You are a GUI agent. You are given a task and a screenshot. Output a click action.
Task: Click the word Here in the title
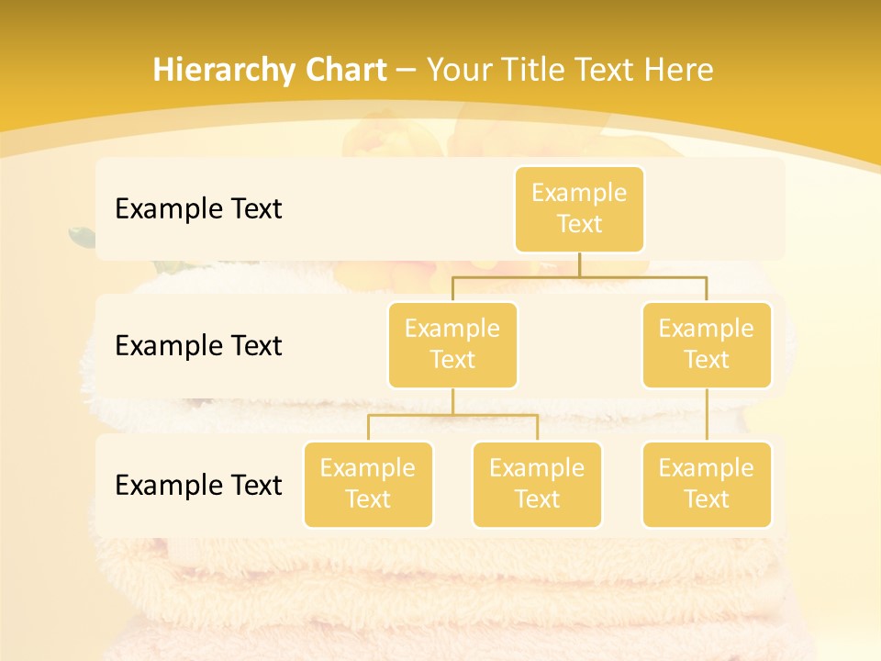pyautogui.click(x=679, y=70)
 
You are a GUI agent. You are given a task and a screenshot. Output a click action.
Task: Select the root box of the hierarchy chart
pyautogui.click(x=579, y=208)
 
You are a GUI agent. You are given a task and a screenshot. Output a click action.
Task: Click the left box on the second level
pyautogui.click(x=452, y=344)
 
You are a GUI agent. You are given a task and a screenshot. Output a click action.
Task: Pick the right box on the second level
pyautogui.click(x=707, y=344)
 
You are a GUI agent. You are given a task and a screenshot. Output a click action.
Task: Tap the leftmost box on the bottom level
pyautogui.click(x=368, y=484)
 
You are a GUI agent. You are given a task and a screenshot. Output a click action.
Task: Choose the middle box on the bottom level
pyautogui.click(x=537, y=484)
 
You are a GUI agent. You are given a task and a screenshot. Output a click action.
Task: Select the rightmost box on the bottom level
pyautogui.click(x=707, y=484)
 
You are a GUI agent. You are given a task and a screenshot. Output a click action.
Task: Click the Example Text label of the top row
pyautogui.click(x=198, y=209)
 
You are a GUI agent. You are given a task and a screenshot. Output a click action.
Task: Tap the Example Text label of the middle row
pyautogui.click(x=198, y=346)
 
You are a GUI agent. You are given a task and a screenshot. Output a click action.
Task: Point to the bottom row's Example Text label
pyautogui.click(x=198, y=485)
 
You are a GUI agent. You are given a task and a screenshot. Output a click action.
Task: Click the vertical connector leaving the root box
pyautogui.click(x=579, y=264)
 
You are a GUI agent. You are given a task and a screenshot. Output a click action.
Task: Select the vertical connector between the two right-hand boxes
pyautogui.click(x=707, y=415)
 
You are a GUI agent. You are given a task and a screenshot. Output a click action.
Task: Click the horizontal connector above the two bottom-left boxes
pyautogui.click(x=452, y=415)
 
